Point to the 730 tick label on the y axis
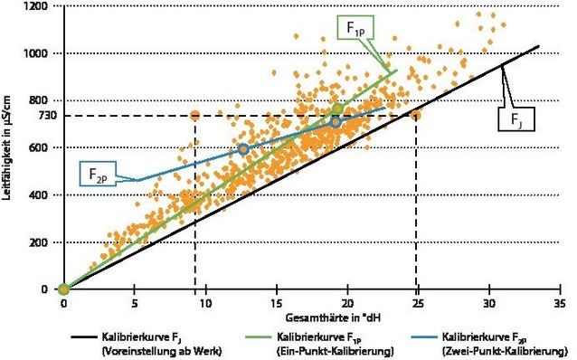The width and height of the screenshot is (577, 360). point(37,116)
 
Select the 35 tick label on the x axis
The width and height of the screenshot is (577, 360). point(560,305)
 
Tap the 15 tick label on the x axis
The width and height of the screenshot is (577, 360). point(277,305)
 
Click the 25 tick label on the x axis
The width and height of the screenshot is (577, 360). point(418,305)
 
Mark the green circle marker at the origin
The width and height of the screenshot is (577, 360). point(63,289)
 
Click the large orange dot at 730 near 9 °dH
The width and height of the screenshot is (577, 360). point(194,116)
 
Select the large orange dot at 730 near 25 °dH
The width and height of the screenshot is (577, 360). point(416,115)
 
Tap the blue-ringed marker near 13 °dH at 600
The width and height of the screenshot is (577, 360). point(242,149)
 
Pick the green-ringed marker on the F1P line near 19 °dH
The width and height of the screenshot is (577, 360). point(337,109)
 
